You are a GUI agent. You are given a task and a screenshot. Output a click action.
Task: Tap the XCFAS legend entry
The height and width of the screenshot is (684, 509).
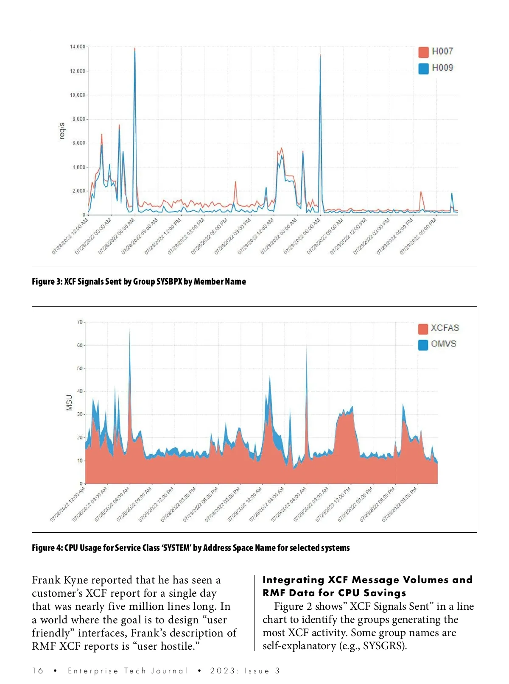[439, 328]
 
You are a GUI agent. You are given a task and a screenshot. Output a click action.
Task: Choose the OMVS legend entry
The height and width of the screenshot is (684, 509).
[437, 344]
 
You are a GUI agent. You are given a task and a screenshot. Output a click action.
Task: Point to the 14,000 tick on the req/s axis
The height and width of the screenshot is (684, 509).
[78, 47]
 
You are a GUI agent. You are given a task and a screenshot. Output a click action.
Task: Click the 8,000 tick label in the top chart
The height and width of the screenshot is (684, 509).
[79, 119]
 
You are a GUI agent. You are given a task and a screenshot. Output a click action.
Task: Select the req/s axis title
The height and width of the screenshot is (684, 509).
[62, 131]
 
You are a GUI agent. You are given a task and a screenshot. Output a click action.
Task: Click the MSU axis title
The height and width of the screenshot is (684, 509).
[69, 402]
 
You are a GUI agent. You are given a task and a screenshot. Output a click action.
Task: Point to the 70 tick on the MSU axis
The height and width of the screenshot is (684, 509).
[80, 322]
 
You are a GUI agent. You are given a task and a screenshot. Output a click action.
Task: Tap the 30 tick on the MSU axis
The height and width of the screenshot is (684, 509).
[80, 414]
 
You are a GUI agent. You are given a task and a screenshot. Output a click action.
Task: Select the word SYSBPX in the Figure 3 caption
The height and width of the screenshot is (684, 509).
[169, 282]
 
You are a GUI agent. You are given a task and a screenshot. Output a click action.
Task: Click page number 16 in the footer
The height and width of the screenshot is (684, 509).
[38, 671]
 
